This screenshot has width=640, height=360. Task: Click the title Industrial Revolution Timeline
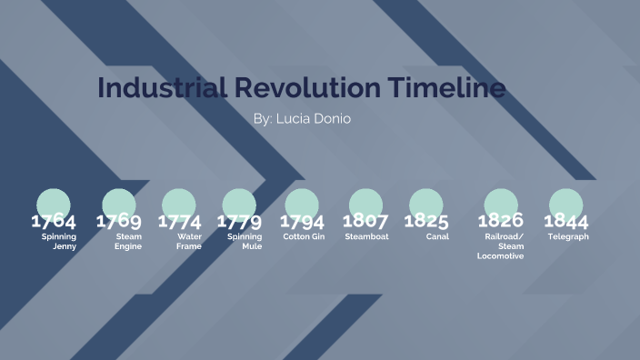301,88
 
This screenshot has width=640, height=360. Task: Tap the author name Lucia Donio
301,119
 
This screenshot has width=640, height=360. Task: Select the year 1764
54,221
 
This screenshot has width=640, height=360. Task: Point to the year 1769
119,221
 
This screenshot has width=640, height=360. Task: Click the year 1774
180,221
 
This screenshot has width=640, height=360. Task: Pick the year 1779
239,221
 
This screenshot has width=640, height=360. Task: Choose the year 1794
302,221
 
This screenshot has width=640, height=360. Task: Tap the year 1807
365,221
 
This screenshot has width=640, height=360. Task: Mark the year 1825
426,221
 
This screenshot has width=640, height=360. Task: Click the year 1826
501,221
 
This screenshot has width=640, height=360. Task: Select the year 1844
566,221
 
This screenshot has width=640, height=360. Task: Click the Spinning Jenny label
60,241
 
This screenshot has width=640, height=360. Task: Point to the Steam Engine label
128,241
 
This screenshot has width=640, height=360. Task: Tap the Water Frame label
189,241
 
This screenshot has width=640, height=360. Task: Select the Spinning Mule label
245,241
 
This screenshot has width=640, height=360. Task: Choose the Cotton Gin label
304,236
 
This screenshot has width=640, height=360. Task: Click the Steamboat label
366,236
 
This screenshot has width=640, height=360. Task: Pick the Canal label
437,236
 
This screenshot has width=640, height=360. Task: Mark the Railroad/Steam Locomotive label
501,245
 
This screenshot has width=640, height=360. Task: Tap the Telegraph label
568,236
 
